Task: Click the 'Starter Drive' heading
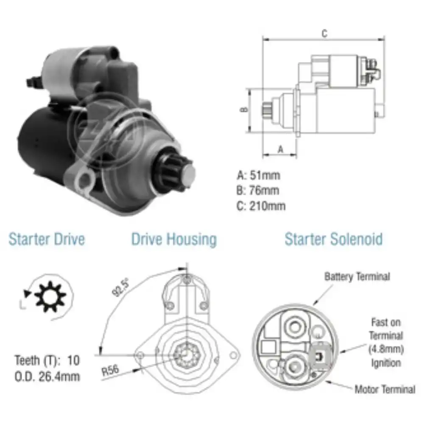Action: (47, 239)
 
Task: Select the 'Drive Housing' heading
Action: (174, 239)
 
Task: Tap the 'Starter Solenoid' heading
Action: (334, 239)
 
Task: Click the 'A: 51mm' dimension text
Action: (259, 175)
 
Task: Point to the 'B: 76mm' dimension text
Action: (258, 190)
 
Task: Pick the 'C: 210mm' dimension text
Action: (261, 206)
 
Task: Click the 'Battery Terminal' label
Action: (357, 276)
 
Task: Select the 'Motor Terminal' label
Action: (385, 389)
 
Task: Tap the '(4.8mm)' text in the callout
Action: (386, 349)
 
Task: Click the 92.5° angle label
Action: (120, 287)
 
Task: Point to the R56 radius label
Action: (110, 370)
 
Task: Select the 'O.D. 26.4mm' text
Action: (47, 377)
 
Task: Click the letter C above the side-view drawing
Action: (324, 33)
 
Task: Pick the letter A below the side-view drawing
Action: (281, 149)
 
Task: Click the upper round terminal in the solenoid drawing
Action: (295, 326)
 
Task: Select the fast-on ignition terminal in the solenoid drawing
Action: (321, 357)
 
